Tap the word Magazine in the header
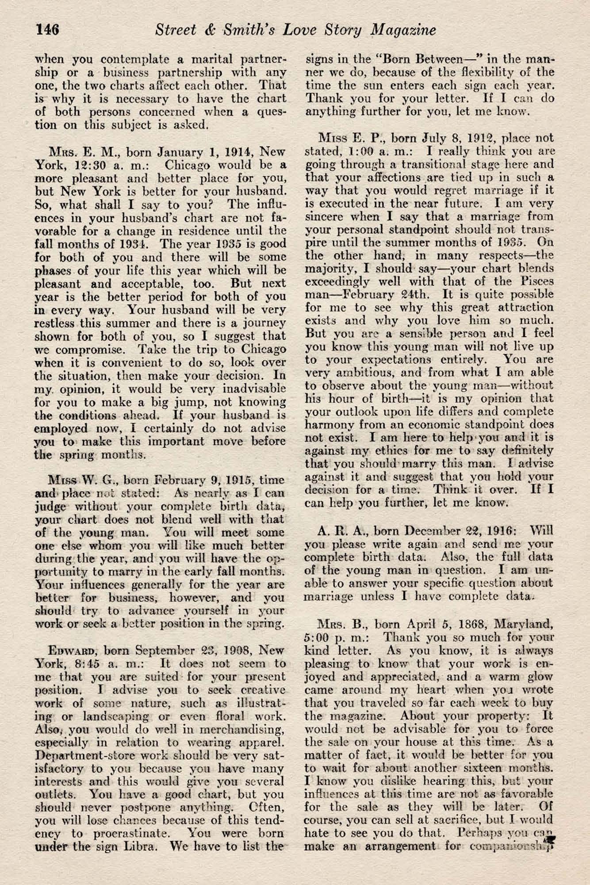pyautogui.click(x=403, y=30)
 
